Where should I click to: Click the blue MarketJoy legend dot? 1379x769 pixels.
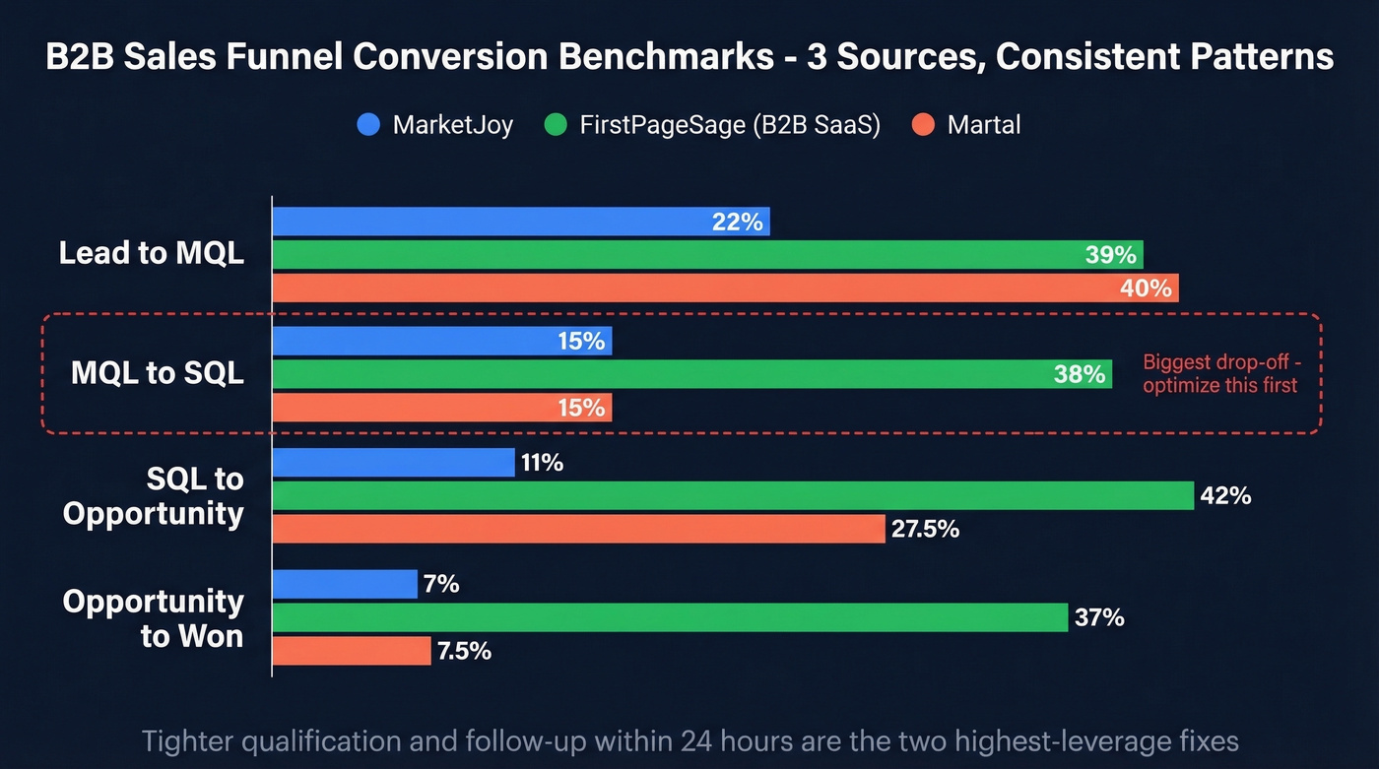pyautogui.click(x=368, y=125)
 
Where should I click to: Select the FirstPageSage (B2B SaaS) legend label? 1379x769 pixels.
pyautogui.click(x=730, y=125)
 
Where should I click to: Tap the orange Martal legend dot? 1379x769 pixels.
pyautogui.click(x=922, y=125)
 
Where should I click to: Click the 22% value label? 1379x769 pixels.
pyautogui.click(x=737, y=223)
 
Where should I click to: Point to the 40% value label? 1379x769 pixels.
pyautogui.click(x=1146, y=288)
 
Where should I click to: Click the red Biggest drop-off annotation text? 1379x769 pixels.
pyautogui.click(x=1221, y=374)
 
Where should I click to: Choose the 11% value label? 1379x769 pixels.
pyautogui.click(x=542, y=463)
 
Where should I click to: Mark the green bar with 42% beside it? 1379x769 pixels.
pyautogui.click(x=733, y=496)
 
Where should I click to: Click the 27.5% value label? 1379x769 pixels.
pyautogui.click(x=927, y=529)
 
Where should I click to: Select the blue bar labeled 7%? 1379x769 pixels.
pyautogui.click(x=345, y=584)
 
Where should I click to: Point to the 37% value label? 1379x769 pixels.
pyautogui.click(x=1100, y=618)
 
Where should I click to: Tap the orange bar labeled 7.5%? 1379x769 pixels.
pyautogui.click(x=352, y=651)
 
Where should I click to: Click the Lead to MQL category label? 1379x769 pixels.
pyautogui.click(x=151, y=253)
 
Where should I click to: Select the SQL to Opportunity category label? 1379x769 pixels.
pyautogui.click(x=153, y=496)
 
